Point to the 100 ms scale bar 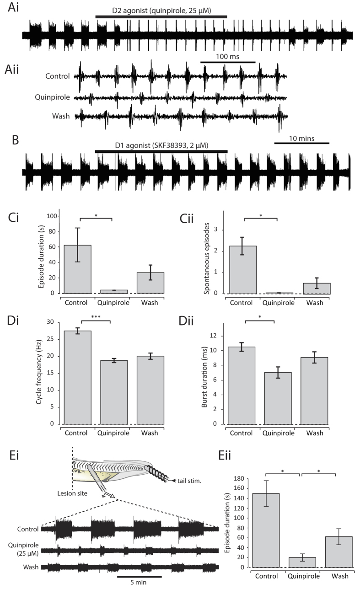coord(228,62)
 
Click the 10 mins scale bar coord(301,143)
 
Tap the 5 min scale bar coord(139,576)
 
